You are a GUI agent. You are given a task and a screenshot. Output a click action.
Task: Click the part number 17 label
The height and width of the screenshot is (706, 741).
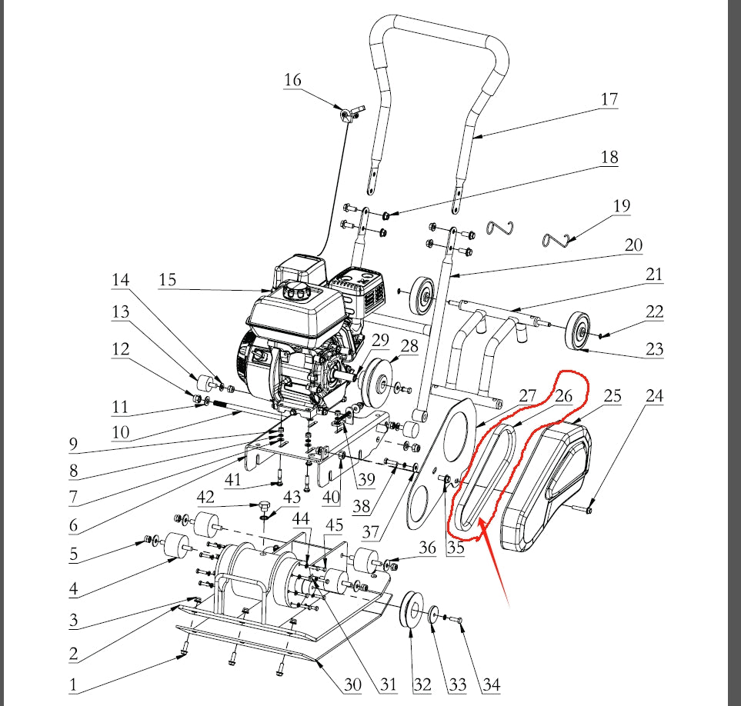coord(609,99)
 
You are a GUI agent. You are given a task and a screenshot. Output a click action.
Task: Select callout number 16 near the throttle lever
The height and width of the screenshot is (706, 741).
coord(292,79)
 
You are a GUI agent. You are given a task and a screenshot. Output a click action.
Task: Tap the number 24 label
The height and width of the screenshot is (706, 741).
coord(654,396)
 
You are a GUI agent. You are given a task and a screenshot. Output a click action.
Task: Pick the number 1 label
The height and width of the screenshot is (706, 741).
coord(74,684)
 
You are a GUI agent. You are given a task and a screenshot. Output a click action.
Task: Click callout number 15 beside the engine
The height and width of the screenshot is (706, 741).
coord(168,280)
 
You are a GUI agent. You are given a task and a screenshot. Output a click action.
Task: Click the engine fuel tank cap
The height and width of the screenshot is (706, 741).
coord(296,291)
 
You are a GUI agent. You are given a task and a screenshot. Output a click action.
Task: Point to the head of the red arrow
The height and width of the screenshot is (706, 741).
coord(478,524)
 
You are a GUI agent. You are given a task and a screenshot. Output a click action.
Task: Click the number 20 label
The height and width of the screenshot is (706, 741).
coord(633,245)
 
